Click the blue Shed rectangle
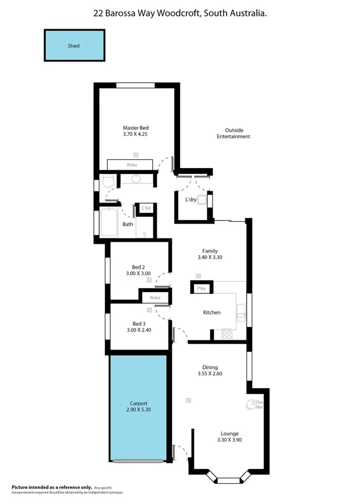[x=73, y=45]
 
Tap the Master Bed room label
[x=136, y=128]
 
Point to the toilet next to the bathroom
[x=107, y=183]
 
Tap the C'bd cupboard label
[x=146, y=208]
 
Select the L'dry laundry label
[x=191, y=200]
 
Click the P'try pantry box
[x=201, y=288]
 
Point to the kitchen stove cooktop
[x=225, y=334]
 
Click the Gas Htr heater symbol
[x=255, y=404]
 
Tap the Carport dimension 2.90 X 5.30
[x=139, y=410]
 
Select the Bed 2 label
[x=139, y=267]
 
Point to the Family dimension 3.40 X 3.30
[x=210, y=258]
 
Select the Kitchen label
[x=211, y=313]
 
